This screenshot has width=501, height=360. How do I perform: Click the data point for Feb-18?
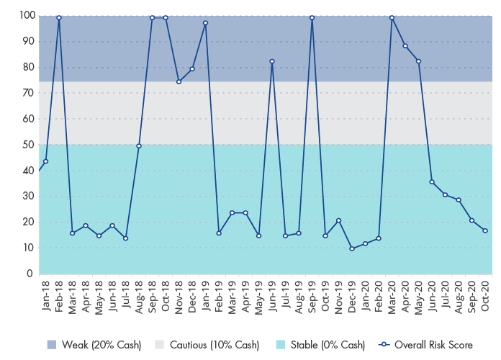[x=59, y=18]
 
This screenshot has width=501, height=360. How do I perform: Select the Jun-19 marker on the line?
[x=272, y=61]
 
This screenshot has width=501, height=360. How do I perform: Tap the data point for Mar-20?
[x=392, y=18]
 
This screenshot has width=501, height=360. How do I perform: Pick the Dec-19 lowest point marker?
[x=352, y=248]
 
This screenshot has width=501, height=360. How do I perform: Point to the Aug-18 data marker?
[x=139, y=146]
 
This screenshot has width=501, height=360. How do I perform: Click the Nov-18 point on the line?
[x=179, y=81]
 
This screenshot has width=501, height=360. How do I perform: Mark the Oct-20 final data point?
[x=485, y=230]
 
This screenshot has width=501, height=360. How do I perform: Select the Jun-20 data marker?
[x=432, y=182]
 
